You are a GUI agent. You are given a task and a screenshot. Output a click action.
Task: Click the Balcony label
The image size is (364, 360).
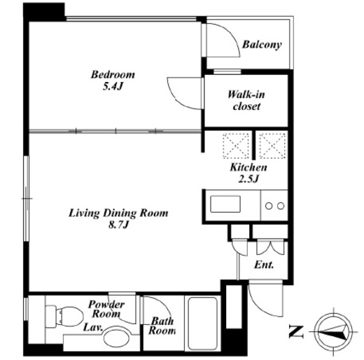click(x=262, y=45)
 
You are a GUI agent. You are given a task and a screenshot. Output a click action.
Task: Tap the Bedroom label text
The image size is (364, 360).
click(x=113, y=75)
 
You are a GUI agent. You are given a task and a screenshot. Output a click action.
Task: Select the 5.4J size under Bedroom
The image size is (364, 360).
click(x=113, y=87)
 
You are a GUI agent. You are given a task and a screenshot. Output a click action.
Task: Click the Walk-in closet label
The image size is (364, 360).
click(x=246, y=100)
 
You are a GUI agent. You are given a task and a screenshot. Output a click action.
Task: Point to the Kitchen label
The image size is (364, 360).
click(x=248, y=167)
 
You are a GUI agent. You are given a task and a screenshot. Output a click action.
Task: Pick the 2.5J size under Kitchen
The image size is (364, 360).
click(x=248, y=179)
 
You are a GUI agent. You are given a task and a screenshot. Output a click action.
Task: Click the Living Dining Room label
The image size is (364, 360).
click(x=118, y=213)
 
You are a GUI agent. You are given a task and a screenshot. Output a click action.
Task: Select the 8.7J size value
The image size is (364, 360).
click(x=118, y=225)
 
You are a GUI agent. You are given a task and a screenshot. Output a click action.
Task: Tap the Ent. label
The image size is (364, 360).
click(x=264, y=265)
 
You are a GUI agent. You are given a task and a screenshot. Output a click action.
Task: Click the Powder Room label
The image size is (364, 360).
click(x=106, y=309)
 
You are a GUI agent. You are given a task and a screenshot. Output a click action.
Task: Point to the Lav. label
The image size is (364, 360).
click(x=93, y=327)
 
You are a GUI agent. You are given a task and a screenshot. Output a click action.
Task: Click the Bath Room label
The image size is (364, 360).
click(x=162, y=326)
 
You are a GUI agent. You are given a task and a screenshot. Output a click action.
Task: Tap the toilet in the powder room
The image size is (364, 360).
click(x=64, y=317)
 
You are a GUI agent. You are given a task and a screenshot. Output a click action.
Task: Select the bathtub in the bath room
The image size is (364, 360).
click(x=202, y=324)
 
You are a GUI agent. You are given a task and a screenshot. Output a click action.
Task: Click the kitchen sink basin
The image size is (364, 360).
click(x=225, y=205)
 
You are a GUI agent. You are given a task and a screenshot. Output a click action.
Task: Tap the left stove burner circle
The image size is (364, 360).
click(x=269, y=206)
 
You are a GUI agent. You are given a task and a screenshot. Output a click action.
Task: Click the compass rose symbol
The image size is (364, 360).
click(x=333, y=332)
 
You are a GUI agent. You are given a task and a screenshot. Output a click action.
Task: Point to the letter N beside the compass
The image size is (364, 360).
click(x=296, y=332)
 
